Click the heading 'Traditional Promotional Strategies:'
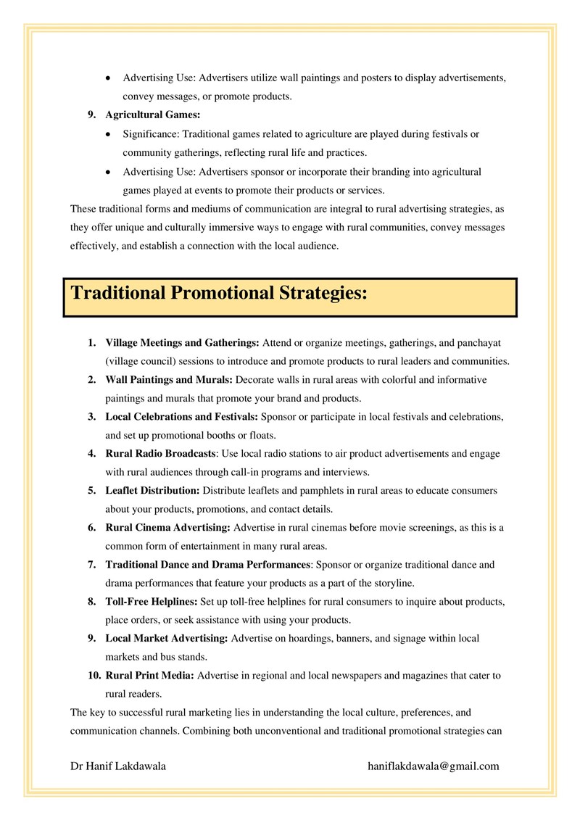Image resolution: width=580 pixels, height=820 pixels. (219, 294)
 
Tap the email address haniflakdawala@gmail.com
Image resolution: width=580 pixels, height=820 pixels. (434, 766)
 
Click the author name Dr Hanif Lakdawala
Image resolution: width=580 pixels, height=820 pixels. (118, 766)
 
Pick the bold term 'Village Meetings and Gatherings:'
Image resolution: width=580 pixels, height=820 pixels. (182, 342)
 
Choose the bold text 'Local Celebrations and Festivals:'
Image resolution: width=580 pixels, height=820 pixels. (181, 417)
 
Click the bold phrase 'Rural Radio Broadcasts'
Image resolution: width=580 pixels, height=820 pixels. (160, 454)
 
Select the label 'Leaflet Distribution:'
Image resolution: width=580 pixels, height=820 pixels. (152, 491)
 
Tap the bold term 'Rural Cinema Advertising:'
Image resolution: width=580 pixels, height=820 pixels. (167, 528)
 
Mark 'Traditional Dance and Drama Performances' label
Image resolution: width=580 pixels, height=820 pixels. (208, 565)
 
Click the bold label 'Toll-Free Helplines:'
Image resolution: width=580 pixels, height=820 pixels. (151, 602)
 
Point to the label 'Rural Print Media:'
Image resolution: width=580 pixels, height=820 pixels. (149, 676)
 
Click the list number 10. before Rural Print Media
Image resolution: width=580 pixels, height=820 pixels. (94, 676)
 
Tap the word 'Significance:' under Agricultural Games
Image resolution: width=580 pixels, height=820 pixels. (151, 134)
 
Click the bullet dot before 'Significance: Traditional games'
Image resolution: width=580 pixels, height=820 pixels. (108, 134)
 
